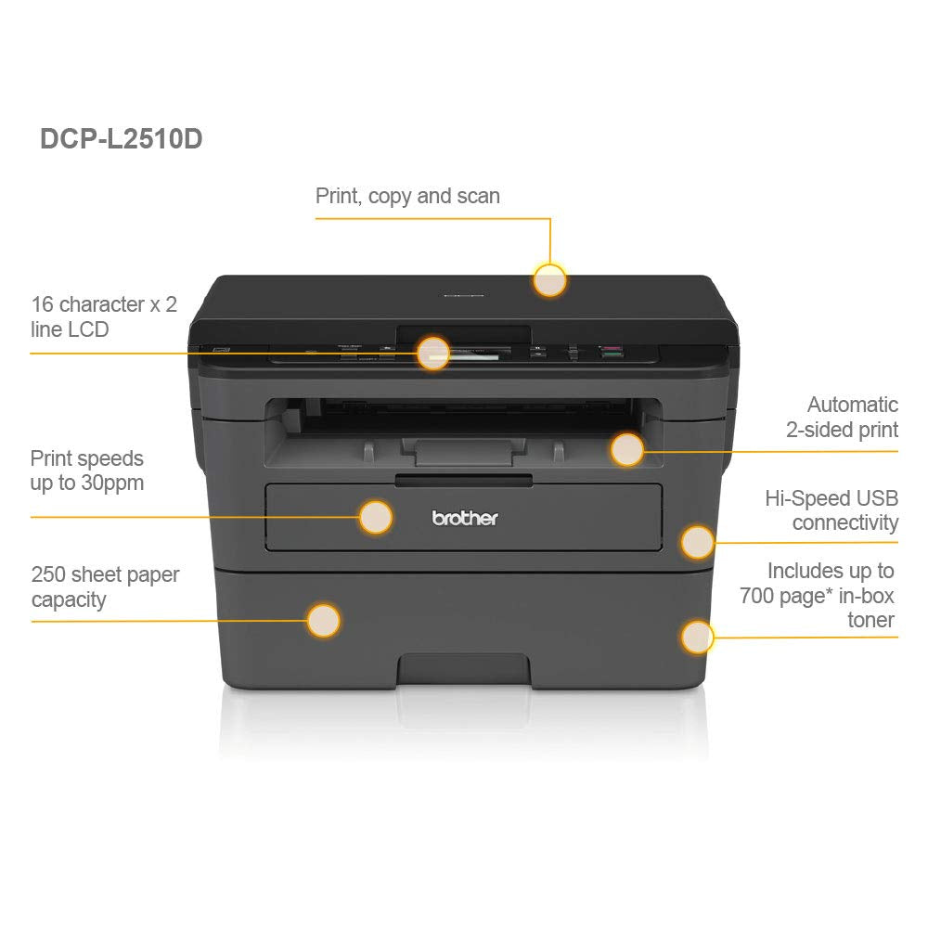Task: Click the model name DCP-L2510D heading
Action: click(121, 139)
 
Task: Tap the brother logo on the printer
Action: click(465, 518)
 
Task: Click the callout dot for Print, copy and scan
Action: click(549, 279)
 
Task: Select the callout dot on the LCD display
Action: click(433, 353)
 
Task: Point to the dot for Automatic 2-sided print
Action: click(627, 450)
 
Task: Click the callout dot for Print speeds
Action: click(375, 517)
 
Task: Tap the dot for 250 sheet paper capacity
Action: click(323, 620)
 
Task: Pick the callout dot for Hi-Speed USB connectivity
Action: click(697, 542)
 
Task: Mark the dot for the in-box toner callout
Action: click(697, 638)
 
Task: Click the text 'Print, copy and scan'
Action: click(407, 196)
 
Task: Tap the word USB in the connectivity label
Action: click(876, 498)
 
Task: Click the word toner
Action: click(870, 620)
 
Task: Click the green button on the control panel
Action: click(611, 354)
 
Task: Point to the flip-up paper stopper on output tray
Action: click(464, 454)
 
